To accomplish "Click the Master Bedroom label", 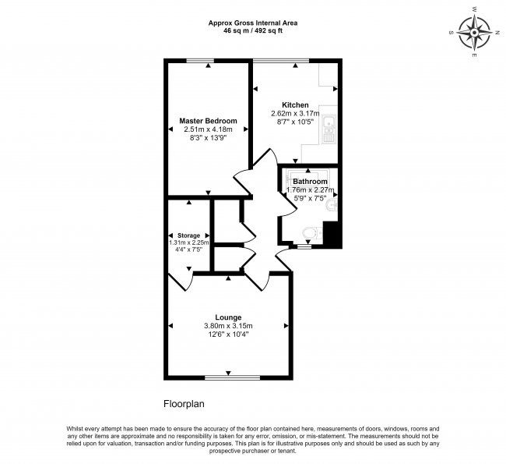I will (x=208, y=121).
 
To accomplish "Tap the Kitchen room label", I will (x=295, y=105).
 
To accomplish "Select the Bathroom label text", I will (x=310, y=181).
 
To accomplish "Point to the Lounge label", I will (x=228, y=317).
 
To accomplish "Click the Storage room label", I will (x=189, y=236).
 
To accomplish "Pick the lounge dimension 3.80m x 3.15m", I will (x=228, y=326).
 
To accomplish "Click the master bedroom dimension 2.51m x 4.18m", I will (x=208, y=129).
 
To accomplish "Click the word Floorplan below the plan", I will (x=183, y=404).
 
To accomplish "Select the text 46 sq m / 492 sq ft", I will (x=253, y=31).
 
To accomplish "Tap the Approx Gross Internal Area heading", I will (x=253, y=23).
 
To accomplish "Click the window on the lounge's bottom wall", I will (x=228, y=378).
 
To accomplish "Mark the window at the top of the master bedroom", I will (x=207, y=61).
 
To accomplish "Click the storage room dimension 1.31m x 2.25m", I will (x=189, y=243).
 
